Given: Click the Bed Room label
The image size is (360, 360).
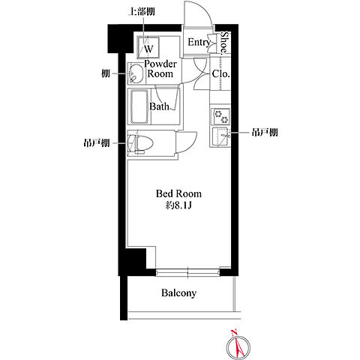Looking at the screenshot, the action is [178, 193].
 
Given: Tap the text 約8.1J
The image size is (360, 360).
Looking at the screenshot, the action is [178, 205].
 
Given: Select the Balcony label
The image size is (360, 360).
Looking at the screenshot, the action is [178, 293].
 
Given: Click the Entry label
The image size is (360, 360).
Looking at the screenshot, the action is [199, 43].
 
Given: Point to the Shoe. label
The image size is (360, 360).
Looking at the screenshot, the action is [225, 43].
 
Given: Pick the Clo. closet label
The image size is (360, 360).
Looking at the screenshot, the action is [220, 74].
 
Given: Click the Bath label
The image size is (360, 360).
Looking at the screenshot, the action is [159, 106].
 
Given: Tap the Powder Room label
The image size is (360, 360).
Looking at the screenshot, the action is [160, 69].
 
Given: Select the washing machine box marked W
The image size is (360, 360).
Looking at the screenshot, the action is [148, 47].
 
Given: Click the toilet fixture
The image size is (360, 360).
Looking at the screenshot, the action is [139, 143].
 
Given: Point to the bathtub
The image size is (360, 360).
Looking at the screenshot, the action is [139, 106].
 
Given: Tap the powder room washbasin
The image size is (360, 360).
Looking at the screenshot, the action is [136, 73].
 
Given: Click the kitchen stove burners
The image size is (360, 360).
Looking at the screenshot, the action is [220, 117].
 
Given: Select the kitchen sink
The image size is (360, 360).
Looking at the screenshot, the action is [220, 136].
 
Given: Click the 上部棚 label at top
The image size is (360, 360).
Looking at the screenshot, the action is [142, 11].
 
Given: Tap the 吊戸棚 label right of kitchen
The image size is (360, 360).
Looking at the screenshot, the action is [265, 132].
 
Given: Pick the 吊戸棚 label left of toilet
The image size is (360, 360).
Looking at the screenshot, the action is [97, 143].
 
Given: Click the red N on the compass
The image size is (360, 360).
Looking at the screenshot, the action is [234, 333].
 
